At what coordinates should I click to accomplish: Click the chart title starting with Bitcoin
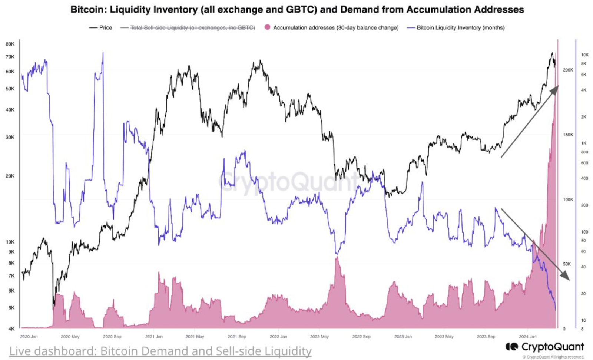297,10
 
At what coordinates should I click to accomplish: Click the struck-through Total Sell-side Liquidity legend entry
192,27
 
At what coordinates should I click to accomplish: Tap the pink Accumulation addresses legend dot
267,27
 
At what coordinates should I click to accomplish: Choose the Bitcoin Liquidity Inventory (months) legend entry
460,27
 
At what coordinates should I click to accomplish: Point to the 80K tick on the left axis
10,44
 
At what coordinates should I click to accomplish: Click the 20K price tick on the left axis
10,176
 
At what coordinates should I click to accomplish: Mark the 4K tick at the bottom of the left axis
11,328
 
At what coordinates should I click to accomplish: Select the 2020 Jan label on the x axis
29,337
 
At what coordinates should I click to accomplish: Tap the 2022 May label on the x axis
319,337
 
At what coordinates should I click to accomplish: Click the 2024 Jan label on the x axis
527,337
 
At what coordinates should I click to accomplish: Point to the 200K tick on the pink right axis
568,70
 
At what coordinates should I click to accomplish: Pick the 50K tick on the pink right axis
567,264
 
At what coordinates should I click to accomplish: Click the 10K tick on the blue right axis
584,55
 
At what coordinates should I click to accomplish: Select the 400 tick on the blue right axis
584,178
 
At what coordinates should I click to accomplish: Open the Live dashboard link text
160,351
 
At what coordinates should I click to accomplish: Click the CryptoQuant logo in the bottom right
545,347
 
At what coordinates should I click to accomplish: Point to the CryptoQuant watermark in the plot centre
289,182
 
